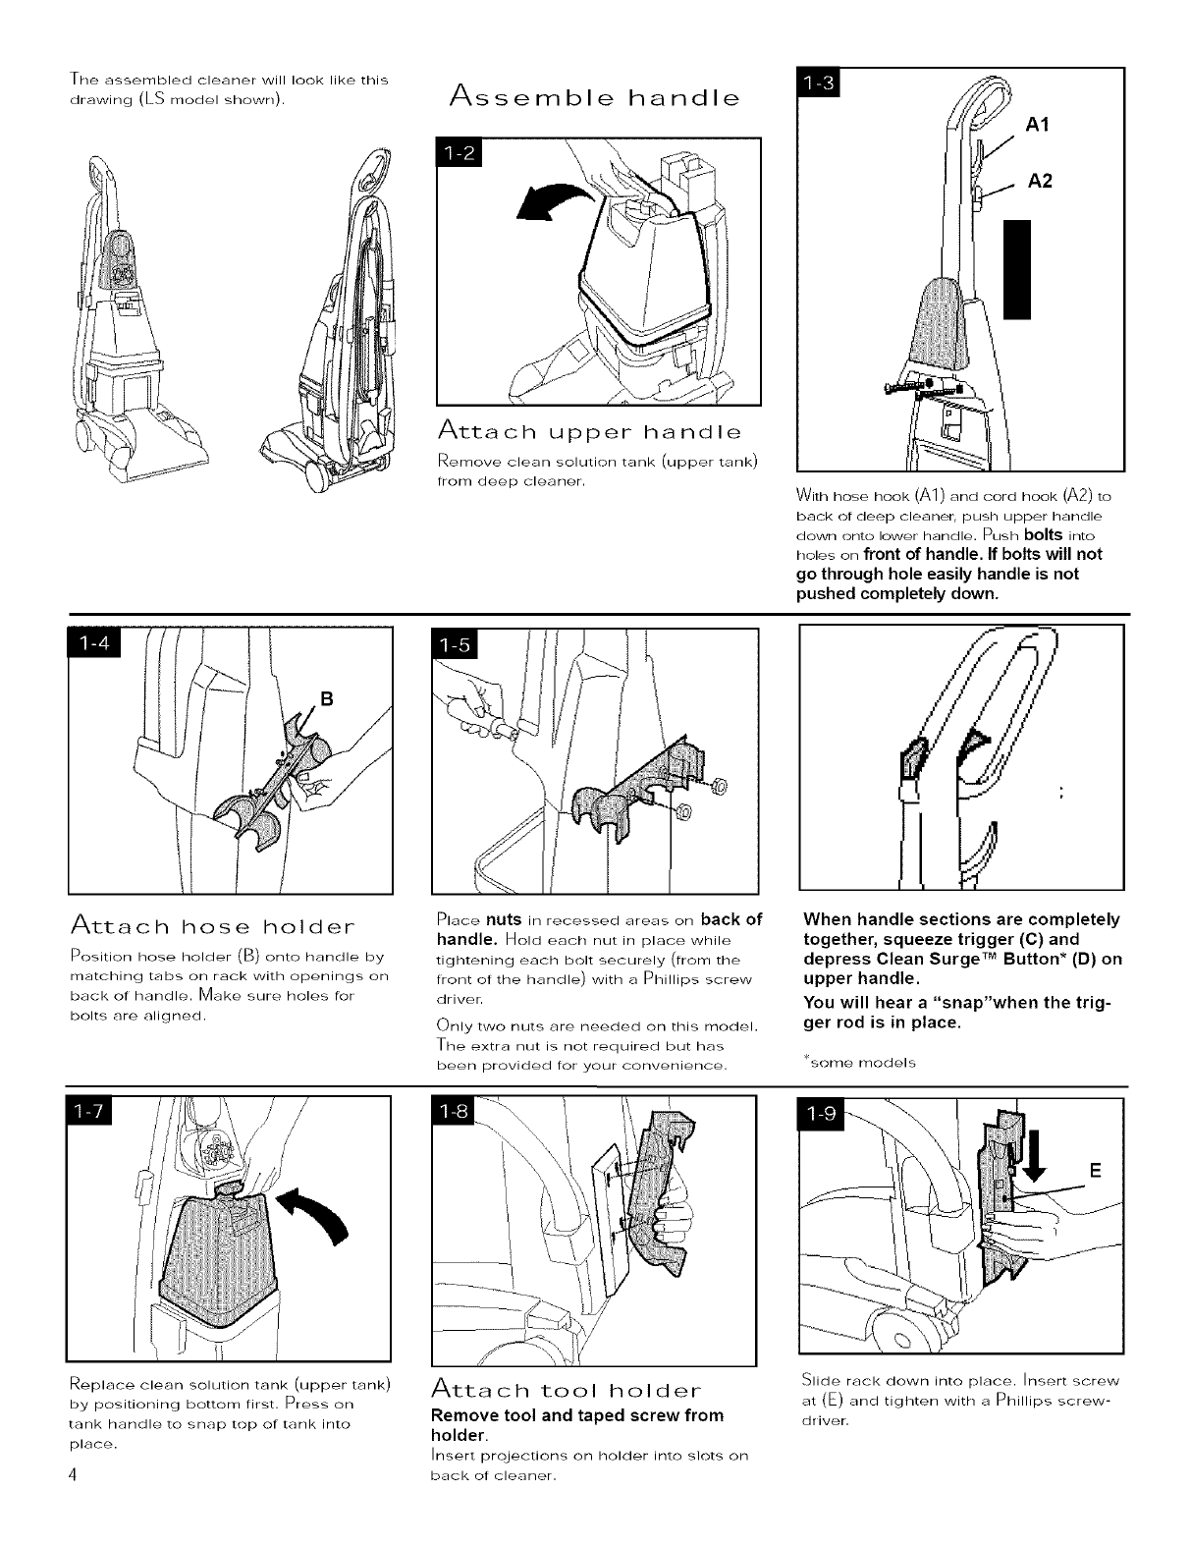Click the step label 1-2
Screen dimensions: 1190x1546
point(460,154)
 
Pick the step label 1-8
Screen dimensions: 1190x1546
point(456,1111)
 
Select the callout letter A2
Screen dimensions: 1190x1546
point(1040,181)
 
